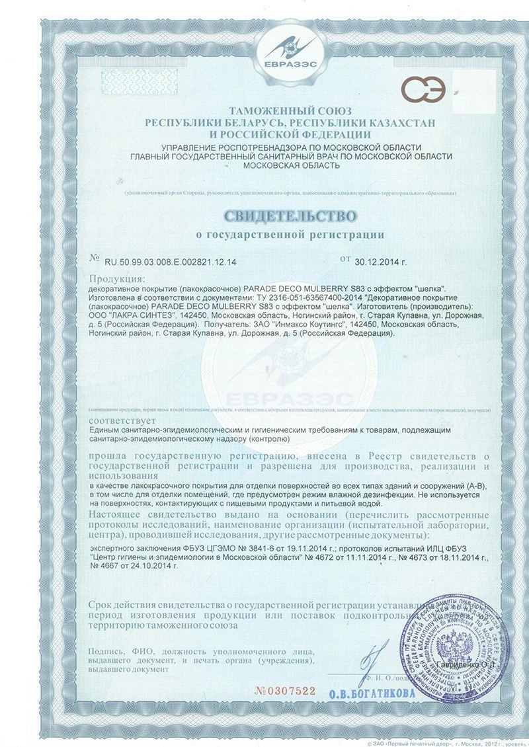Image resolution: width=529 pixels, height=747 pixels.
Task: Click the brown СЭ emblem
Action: click(x=430, y=91)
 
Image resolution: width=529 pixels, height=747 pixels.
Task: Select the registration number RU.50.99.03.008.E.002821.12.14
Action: click(x=170, y=262)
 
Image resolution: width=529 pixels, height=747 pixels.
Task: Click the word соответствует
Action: click(x=120, y=420)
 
